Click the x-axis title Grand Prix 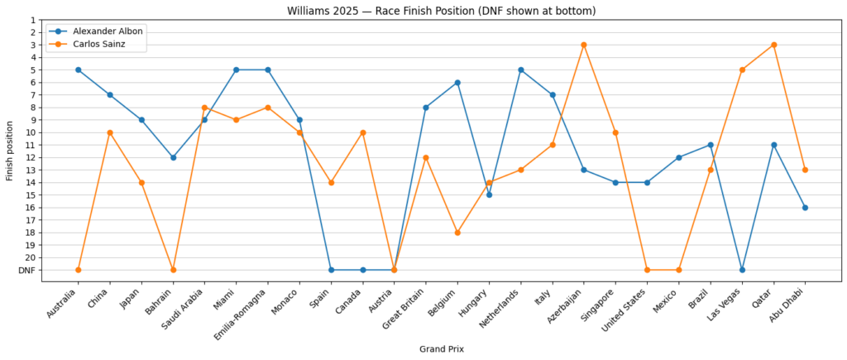click(441, 349)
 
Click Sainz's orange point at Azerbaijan click(584, 45)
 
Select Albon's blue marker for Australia click(78, 70)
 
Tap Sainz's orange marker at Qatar click(773, 45)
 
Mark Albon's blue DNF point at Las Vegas click(742, 270)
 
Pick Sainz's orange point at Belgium click(457, 233)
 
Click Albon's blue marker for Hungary click(489, 194)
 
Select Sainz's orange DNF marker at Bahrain click(173, 270)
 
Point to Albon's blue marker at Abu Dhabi click(805, 208)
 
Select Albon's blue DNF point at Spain click(331, 270)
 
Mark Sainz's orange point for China click(109, 132)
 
